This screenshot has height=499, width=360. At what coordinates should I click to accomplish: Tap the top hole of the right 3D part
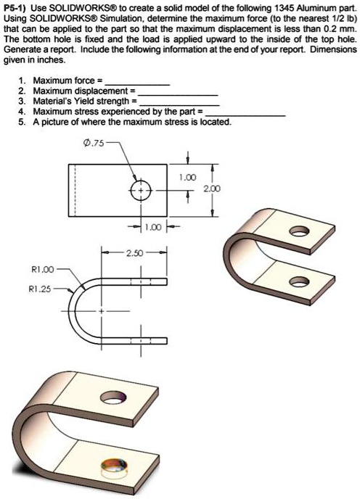(x=295, y=233)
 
